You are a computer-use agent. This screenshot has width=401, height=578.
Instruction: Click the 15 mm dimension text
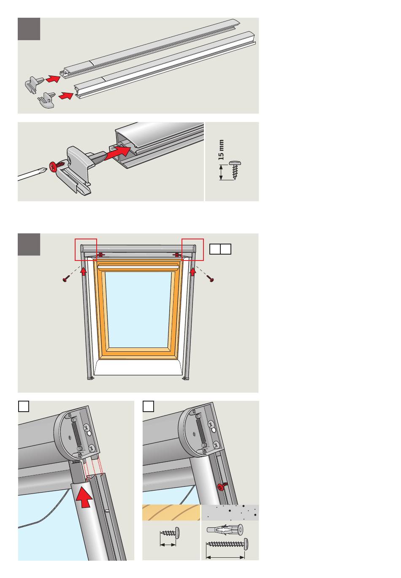[221, 149]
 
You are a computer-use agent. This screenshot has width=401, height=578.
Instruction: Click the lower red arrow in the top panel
[66, 96]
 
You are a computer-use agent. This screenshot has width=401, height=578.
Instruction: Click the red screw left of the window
[66, 278]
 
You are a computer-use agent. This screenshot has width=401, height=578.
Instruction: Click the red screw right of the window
[210, 278]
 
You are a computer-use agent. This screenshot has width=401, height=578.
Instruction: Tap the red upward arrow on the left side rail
[83, 271]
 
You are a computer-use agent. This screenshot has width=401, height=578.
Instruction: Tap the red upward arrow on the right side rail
[193, 271]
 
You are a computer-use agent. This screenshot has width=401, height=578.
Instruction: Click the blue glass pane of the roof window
[138, 309]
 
